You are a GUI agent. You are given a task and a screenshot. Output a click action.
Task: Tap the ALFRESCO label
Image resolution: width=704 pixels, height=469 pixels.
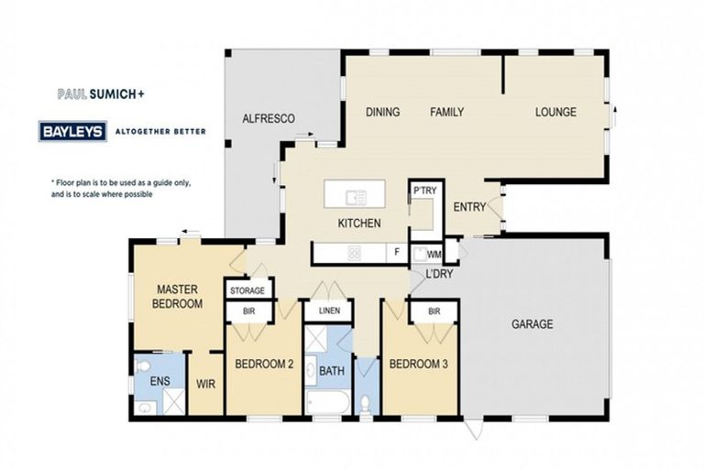(x=268, y=119)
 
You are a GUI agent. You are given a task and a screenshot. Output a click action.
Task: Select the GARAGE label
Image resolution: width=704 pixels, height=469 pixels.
(x=532, y=323)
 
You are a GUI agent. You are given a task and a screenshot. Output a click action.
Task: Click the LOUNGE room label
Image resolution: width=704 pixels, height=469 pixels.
(x=555, y=113)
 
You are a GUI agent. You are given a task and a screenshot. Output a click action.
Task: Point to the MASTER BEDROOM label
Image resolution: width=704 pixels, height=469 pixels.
(x=178, y=295)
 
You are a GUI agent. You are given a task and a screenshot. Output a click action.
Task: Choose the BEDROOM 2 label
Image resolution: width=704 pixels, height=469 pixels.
(x=264, y=365)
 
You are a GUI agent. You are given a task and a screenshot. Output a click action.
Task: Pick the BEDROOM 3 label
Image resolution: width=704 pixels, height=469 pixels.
(x=419, y=365)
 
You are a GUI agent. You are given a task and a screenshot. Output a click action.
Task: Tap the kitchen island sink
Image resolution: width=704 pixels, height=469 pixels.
(x=355, y=196)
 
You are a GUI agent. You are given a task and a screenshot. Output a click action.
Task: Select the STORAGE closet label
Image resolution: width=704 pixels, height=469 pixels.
(x=247, y=290)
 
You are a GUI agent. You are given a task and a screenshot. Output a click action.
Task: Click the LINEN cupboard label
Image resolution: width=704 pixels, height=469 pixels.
(x=329, y=311)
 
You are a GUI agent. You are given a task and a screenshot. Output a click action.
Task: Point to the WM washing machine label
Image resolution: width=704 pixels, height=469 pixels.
(x=434, y=254)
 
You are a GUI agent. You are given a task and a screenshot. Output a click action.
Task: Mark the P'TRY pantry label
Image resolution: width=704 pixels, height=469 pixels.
(x=423, y=190)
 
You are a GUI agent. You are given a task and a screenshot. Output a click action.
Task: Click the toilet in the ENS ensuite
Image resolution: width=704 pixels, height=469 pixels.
(x=142, y=367)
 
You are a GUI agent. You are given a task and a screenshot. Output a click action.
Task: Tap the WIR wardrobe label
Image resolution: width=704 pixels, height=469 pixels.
(x=206, y=385)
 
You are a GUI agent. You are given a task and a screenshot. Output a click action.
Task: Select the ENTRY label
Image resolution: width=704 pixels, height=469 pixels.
(x=469, y=207)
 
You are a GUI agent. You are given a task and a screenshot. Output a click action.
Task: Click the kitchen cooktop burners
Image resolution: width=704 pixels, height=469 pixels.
(x=355, y=254)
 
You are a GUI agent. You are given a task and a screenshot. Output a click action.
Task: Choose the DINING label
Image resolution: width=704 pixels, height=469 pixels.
(x=382, y=113)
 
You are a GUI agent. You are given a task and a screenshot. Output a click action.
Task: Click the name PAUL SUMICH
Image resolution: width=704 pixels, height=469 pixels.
(x=93, y=93)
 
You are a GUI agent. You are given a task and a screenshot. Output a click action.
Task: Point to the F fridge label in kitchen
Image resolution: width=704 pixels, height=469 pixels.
(x=397, y=252)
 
